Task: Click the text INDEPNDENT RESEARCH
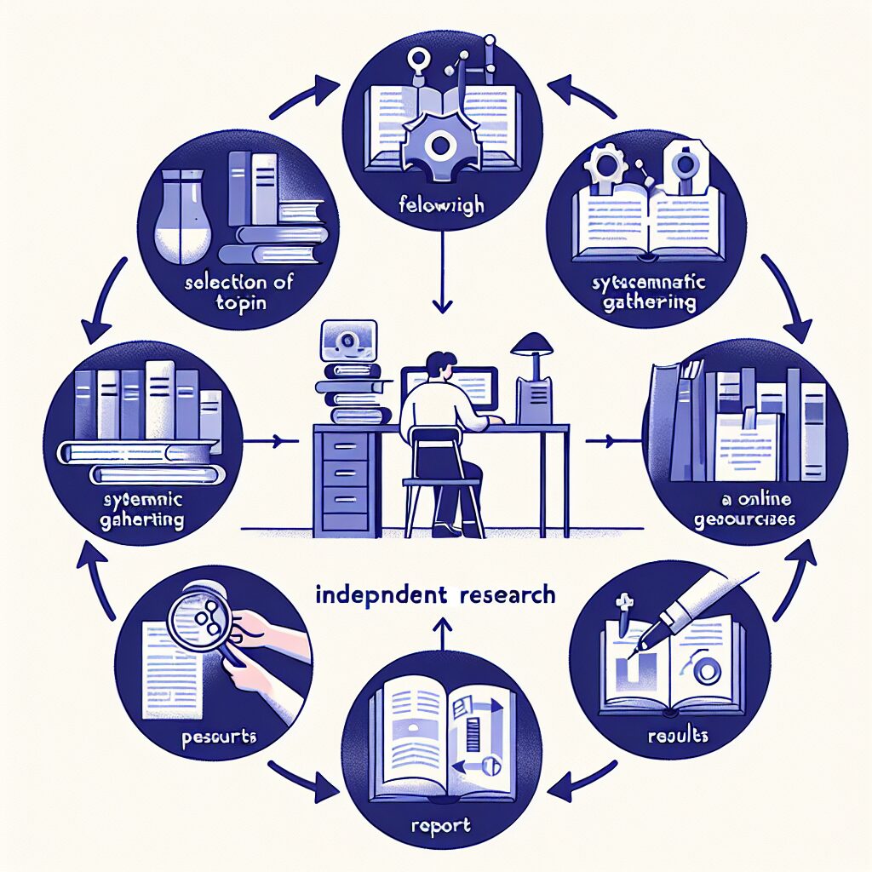coord(435,594)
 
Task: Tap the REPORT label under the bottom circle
coord(436,825)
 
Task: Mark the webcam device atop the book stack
coord(347,339)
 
